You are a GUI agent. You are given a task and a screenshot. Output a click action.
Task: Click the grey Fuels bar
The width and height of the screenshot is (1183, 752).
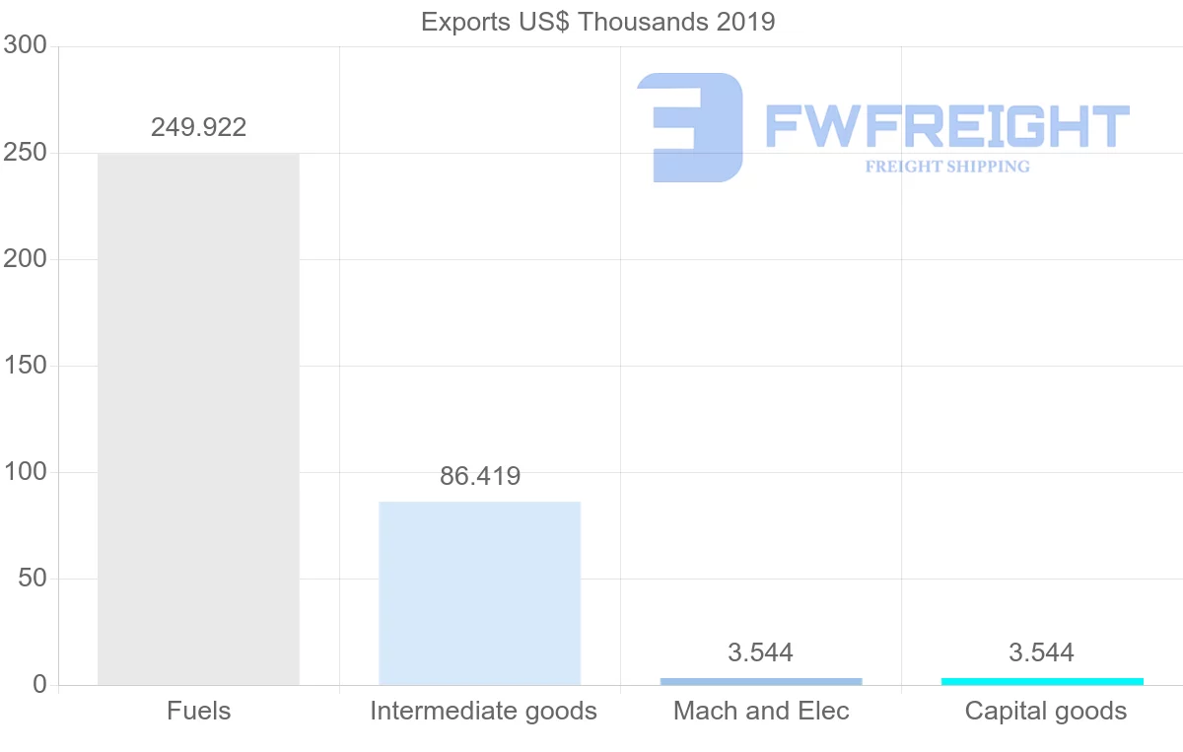[x=198, y=419]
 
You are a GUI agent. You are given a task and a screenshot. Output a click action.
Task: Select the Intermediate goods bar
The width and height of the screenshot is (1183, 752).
[x=480, y=592]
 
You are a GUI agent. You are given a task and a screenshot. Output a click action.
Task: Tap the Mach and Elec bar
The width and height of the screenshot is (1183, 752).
[x=761, y=681]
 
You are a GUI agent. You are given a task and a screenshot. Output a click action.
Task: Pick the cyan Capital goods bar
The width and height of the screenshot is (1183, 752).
[x=1042, y=681]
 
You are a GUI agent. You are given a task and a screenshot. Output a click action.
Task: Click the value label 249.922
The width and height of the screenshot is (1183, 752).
[x=198, y=127]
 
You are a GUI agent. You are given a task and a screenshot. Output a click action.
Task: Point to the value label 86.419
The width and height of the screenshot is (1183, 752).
[x=480, y=476]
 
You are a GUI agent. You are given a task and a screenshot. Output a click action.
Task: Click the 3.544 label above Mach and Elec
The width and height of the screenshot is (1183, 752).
[x=761, y=652]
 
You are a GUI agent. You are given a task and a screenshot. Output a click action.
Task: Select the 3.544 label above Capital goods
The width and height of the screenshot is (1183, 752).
[x=1042, y=652]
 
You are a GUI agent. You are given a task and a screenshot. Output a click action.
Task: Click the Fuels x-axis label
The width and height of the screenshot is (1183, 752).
[x=198, y=711]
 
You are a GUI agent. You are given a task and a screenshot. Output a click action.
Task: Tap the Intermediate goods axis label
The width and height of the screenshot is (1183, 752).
[x=483, y=711]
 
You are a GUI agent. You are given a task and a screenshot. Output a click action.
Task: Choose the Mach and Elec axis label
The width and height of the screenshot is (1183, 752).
[x=761, y=711]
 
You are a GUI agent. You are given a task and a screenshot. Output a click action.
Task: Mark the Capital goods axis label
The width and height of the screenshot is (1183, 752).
[x=1045, y=711]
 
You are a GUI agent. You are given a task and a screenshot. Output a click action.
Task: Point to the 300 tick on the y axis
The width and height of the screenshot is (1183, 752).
[x=26, y=45]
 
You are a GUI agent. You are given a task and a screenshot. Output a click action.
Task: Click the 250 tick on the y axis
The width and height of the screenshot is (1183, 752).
[x=26, y=153]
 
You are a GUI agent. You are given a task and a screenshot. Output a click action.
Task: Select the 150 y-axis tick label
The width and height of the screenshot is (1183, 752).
[x=26, y=366]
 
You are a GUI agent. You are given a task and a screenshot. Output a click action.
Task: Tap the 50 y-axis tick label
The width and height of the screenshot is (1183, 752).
[x=33, y=579]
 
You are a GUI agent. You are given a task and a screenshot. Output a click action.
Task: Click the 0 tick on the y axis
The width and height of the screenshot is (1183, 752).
[x=39, y=685]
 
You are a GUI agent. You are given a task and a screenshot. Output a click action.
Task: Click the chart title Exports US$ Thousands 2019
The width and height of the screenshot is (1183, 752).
[x=597, y=21]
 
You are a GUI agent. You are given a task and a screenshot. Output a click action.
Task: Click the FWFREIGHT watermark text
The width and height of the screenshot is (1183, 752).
[x=946, y=126]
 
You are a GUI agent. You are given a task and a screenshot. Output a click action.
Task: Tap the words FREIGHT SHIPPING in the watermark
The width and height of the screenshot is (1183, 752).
[x=947, y=167]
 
